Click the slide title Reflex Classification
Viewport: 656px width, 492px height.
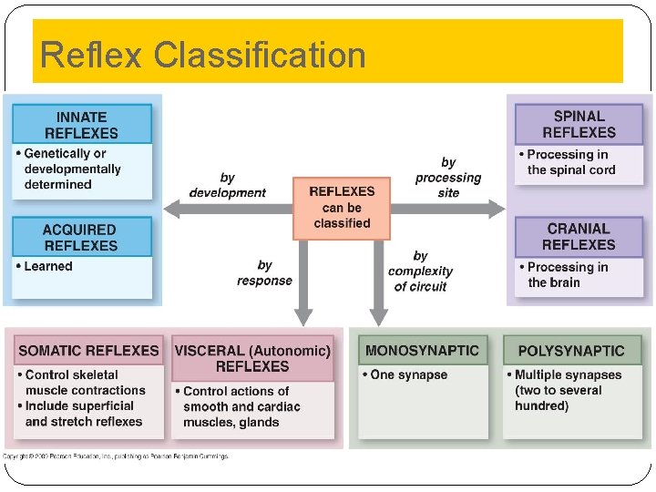203,55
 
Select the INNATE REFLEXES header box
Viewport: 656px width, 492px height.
81,125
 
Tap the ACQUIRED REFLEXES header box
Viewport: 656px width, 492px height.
81,237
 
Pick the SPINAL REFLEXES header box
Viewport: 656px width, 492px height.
579,124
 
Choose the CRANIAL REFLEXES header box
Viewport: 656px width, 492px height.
579,237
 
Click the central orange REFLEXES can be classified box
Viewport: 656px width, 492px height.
342,208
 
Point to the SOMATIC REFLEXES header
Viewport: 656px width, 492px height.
88,351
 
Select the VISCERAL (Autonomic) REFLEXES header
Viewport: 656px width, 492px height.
252,358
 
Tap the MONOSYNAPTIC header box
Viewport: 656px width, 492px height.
422,351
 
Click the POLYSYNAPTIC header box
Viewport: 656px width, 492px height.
571,351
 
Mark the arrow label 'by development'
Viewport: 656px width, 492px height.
227,185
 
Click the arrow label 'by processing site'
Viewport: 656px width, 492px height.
447,178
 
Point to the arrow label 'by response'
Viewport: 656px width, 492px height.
264,272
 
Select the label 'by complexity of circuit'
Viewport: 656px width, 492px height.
420,272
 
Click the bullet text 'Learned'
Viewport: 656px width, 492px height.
47,266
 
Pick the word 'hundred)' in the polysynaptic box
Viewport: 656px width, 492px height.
541,406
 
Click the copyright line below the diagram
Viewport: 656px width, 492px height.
116,456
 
